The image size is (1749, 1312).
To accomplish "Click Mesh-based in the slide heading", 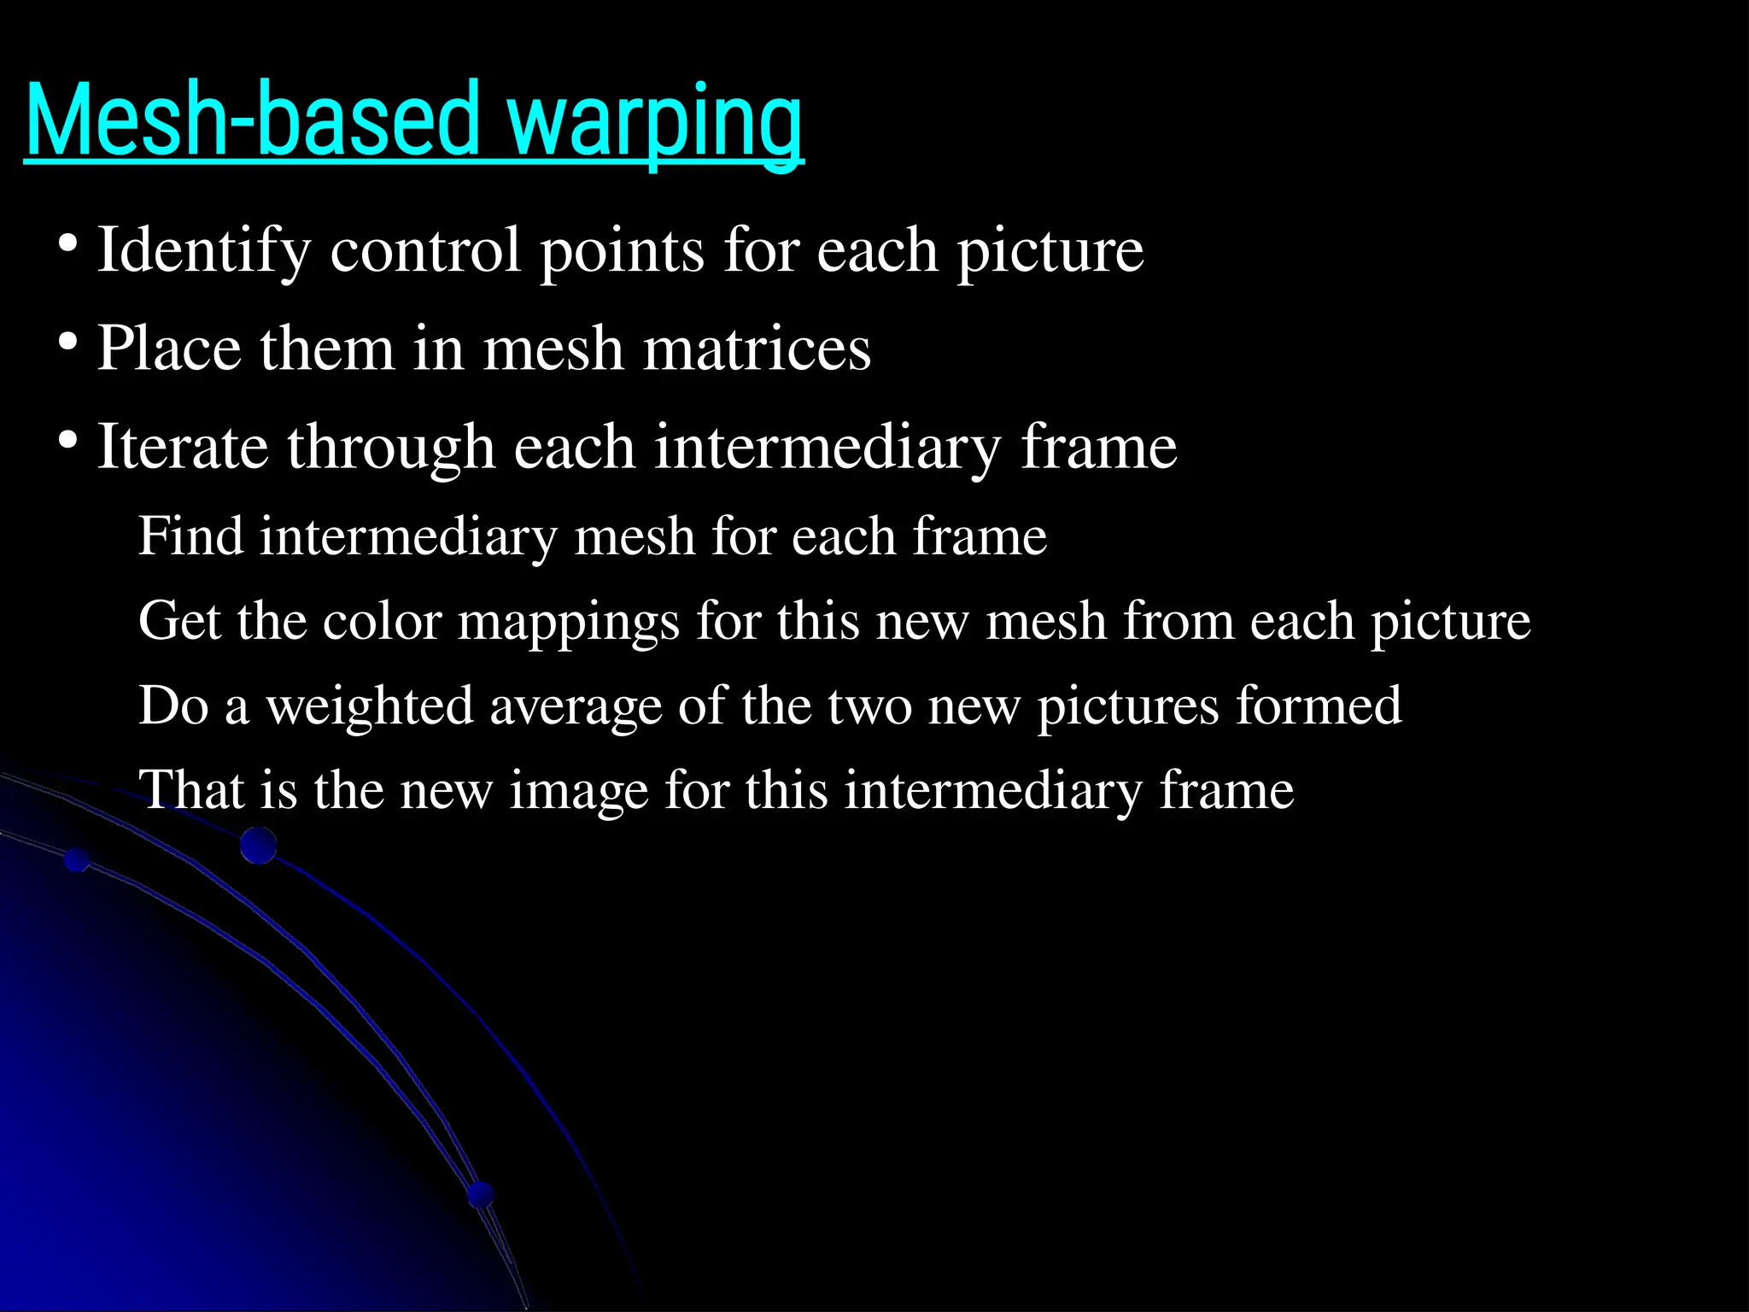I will point(252,120).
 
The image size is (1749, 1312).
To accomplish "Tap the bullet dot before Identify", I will point(68,247).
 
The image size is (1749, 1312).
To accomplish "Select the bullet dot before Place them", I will point(68,345).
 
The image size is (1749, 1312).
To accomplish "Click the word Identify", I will point(204,251).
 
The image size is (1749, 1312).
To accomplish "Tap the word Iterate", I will point(183,448).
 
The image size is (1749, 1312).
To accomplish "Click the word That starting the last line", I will point(190,790).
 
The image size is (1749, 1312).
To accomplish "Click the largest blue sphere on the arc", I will point(258,846).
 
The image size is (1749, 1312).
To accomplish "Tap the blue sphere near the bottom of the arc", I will point(481,1194).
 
